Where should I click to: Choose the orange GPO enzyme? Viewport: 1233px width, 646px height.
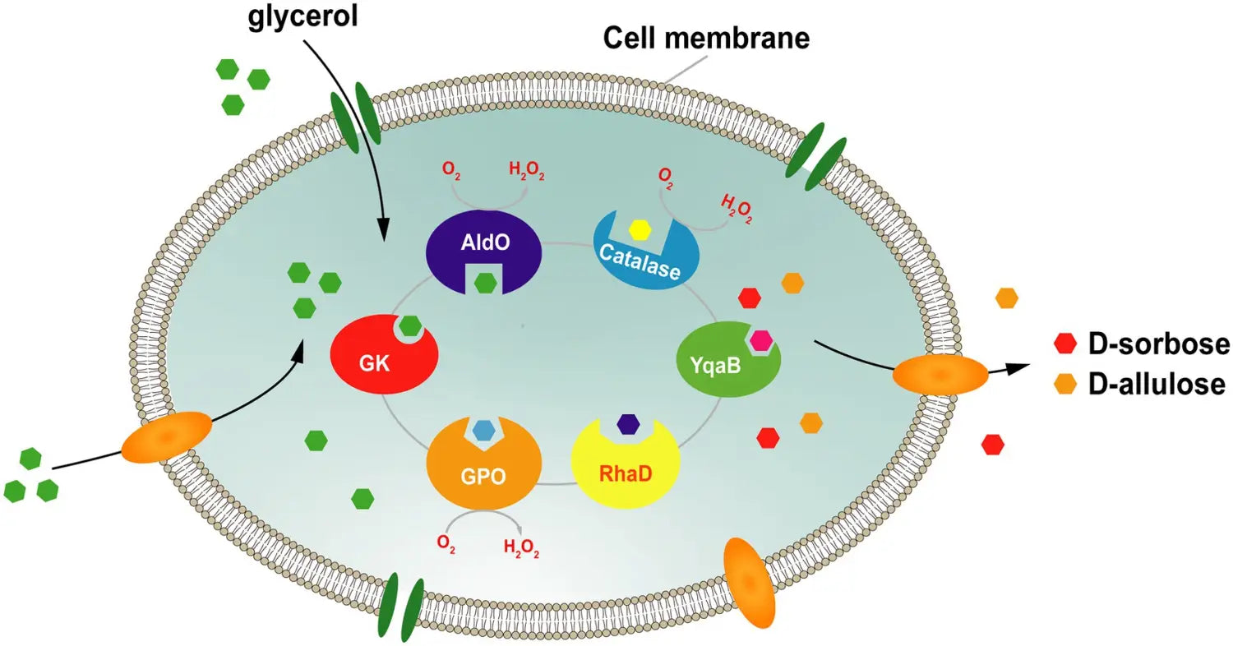pyautogui.click(x=483, y=468)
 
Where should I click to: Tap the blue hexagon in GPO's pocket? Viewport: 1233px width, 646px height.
pyautogui.click(x=483, y=428)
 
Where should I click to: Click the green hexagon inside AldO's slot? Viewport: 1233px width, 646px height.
pyautogui.click(x=485, y=284)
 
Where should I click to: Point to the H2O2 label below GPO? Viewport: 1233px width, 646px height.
pyautogui.click(x=521, y=549)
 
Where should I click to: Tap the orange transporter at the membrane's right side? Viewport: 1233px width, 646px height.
pyautogui.click(x=940, y=374)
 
